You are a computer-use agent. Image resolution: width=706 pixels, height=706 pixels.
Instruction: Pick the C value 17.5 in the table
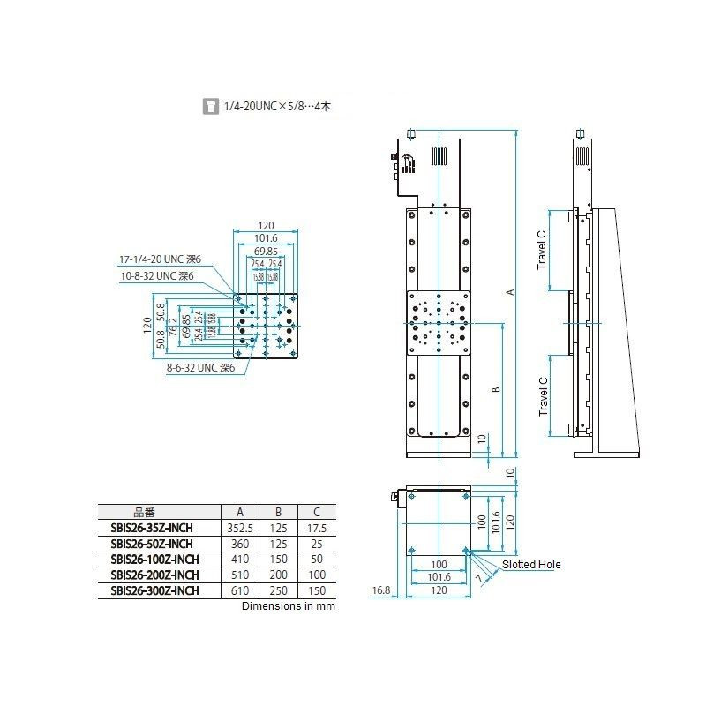(314, 528)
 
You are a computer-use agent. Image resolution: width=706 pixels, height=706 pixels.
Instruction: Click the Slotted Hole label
(531, 565)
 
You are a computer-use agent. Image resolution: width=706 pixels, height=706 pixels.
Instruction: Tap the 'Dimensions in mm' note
(289, 606)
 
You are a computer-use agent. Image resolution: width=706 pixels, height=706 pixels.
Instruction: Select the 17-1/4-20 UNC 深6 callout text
(161, 259)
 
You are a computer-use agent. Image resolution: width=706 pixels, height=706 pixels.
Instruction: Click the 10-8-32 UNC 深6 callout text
(156, 276)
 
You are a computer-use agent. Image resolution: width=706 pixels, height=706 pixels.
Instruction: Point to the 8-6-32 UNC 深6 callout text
(202, 368)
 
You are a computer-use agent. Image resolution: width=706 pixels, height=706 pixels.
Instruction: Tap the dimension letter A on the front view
(509, 291)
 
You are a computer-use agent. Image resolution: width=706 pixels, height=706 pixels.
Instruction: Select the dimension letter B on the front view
(497, 389)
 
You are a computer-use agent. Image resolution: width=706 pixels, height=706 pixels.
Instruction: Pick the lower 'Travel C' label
(543, 396)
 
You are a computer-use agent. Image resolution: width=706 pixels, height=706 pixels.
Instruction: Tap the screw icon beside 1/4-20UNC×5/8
(210, 107)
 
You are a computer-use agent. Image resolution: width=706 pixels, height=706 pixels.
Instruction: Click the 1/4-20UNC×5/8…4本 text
(277, 107)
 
